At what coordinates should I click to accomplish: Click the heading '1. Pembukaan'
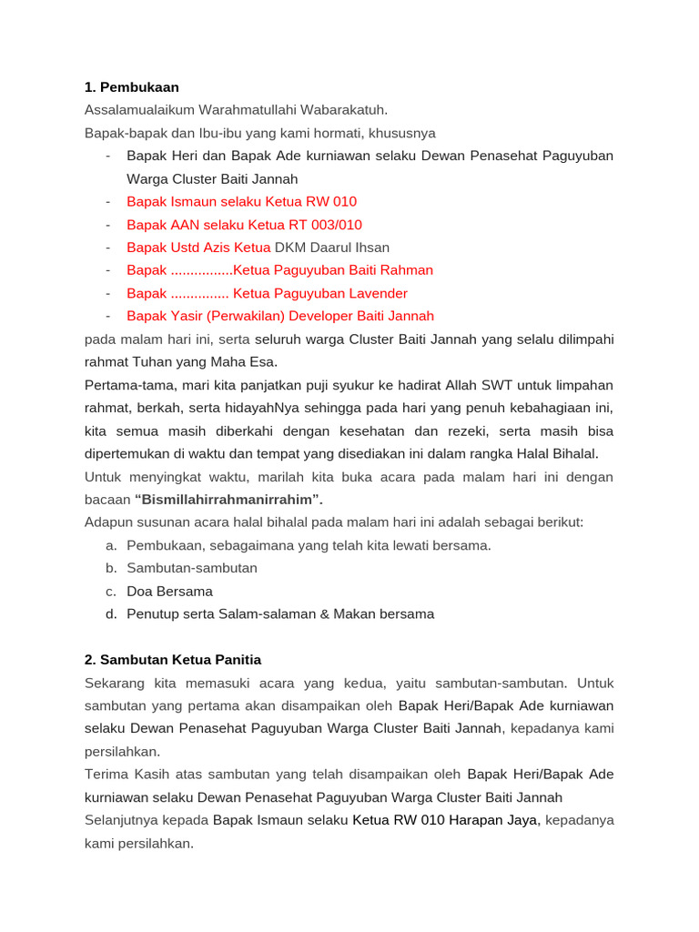click(131, 87)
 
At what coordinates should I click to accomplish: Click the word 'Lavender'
click(377, 293)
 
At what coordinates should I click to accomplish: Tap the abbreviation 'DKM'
click(291, 248)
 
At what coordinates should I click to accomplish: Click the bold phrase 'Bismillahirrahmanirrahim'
click(228, 500)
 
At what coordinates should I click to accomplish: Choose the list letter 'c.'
click(111, 592)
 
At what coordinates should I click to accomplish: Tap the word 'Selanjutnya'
click(121, 820)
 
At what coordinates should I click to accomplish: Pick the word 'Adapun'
click(106, 522)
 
